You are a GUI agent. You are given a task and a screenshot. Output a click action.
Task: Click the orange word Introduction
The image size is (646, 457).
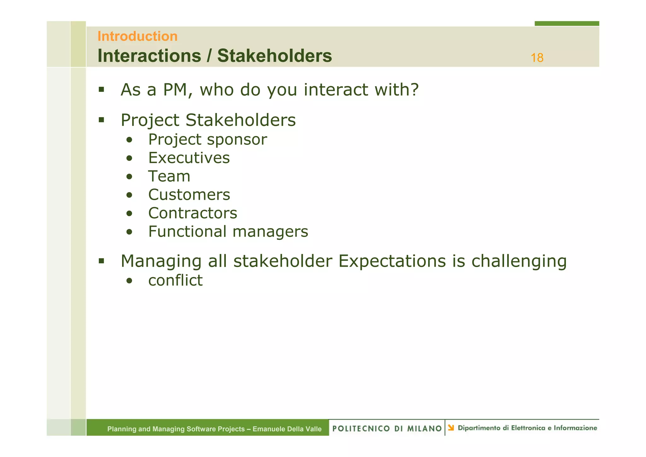tap(137, 36)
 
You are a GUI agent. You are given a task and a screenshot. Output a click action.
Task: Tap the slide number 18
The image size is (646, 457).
tap(537, 58)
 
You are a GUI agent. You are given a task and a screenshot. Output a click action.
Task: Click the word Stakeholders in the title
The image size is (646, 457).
tap(274, 56)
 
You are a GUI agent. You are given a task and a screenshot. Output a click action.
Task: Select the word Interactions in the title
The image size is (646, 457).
tap(149, 56)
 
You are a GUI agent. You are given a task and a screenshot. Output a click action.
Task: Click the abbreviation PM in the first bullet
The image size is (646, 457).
tap(176, 90)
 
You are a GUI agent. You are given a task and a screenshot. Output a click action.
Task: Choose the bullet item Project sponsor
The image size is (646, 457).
tap(208, 139)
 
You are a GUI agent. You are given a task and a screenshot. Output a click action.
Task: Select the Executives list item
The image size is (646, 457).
tap(189, 158)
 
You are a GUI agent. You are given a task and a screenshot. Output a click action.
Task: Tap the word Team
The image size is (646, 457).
tap(169, 176)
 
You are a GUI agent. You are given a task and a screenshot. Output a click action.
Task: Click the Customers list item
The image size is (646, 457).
tap(189, 195)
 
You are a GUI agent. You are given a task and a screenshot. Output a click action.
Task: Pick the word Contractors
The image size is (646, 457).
tap(193, 213)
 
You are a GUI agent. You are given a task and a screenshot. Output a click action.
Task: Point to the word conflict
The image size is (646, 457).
tap(175, 280)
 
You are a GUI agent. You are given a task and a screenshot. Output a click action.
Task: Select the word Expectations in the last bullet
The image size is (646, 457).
tap(392, 261)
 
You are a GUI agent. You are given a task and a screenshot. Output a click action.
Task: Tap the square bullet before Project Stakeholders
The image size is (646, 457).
tap(101, 120)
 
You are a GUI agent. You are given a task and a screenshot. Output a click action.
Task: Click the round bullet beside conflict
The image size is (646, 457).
tap(129, 281)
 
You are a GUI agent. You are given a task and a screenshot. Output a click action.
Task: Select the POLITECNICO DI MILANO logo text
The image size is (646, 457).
tap(387, 428)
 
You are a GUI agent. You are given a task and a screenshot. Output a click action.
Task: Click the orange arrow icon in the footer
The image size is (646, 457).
tap(451, 428)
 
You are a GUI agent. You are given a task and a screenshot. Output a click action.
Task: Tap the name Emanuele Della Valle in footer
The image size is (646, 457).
tap(287, 429)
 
